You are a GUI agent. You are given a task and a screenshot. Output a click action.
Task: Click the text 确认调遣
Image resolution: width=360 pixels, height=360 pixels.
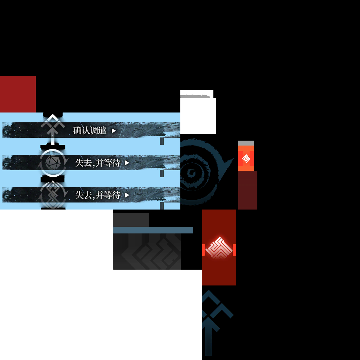tap(90, 130)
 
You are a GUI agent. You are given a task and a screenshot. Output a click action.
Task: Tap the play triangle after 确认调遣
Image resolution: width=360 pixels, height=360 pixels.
tap(114, 131)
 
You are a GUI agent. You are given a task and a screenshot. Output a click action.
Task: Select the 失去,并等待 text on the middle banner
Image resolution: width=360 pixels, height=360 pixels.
tap(98, 163)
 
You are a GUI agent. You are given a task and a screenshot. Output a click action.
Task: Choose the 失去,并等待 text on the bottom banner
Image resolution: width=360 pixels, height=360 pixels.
tap(98, 195)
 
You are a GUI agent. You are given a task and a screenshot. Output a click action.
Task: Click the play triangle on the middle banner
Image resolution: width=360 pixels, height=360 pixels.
tap(127, 163)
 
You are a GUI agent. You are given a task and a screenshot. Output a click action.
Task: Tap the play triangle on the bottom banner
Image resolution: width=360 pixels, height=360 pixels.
tap(127, 195)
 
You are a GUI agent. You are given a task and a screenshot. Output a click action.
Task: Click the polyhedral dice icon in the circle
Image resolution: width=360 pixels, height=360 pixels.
tap(53, 162)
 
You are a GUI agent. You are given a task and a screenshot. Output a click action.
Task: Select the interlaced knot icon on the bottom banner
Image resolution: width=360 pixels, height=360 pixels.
tap(53, 195)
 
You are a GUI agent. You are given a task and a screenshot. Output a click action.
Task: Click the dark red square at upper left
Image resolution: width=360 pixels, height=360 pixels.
tap(18, 94)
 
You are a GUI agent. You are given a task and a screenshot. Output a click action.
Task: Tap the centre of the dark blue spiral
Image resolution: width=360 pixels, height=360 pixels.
tap(191, 173)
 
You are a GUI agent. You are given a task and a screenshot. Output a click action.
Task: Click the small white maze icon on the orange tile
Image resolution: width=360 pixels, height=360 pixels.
tap(246, 159)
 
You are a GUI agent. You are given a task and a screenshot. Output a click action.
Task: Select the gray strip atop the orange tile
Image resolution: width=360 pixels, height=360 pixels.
tap(246, 143)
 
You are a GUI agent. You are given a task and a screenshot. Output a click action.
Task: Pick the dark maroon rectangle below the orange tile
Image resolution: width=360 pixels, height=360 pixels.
tap(247, 190)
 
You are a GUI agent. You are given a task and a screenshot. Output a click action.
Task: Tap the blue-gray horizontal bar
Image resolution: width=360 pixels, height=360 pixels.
tap(153, 230)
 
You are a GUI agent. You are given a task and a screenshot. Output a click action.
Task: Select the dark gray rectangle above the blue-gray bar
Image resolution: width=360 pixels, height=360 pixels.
tap(131, 220)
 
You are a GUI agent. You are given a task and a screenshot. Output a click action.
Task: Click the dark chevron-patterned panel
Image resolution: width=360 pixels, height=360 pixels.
tap(147, 251)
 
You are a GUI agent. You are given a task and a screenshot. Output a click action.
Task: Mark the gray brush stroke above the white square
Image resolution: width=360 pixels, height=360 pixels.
tap(195, 96)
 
